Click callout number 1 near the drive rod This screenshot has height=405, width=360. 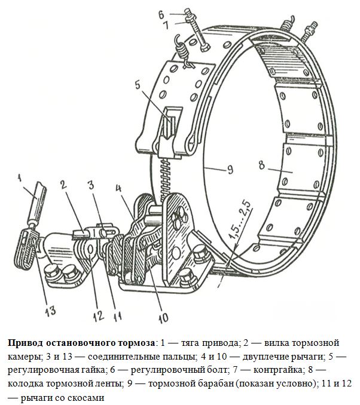pos(19,177)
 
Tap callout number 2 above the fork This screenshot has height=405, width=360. pos(63,185)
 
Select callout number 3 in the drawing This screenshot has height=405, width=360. pos(90,185)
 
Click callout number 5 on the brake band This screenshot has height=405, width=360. pos(138,84)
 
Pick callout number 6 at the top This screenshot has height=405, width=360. pos(161,14)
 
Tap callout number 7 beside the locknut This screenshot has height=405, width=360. pos(166,25)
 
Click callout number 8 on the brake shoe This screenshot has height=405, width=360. pos(262,165)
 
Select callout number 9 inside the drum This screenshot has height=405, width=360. pos(230,170)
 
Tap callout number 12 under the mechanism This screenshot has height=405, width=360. pos(99,315)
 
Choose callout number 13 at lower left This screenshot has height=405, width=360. pos(50,311)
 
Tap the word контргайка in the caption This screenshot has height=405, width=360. pos(277,370)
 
